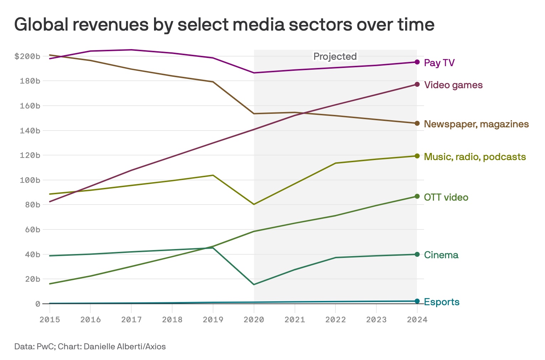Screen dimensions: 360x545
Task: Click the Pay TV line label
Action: (x=439, y=63)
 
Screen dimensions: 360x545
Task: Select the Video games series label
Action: (x=453, y=85)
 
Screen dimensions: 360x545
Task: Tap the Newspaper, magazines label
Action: (x=476, y=124)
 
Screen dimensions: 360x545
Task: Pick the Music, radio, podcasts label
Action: (x=475, y=157)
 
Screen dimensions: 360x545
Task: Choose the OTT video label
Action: (x=446, y=197)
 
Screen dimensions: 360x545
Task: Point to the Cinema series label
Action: (x=441, y=255)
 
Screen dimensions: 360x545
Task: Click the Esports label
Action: (x=442, y=302)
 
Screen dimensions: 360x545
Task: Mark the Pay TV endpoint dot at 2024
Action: (x=417, y=62)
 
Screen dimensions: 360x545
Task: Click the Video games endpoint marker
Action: (x=417, y=84)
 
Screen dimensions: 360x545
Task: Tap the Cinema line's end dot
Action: (x=417, y=254)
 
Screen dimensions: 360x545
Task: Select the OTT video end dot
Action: (x=417, y=196)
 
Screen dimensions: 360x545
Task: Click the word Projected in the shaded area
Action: (x=335, y=57)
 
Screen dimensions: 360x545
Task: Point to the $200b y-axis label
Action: (x=27, y=56)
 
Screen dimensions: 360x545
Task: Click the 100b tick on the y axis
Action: (x=30, y=180)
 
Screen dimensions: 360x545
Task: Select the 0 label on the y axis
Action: (x=37, y=304)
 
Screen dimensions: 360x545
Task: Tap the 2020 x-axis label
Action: (x=254, y=319)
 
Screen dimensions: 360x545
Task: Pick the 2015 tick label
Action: (x=50, y=319)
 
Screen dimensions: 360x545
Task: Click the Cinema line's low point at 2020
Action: (x=254, y=285)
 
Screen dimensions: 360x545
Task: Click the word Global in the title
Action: (x=43, y=25)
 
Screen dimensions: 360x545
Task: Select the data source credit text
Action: (x=90, y=346)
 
